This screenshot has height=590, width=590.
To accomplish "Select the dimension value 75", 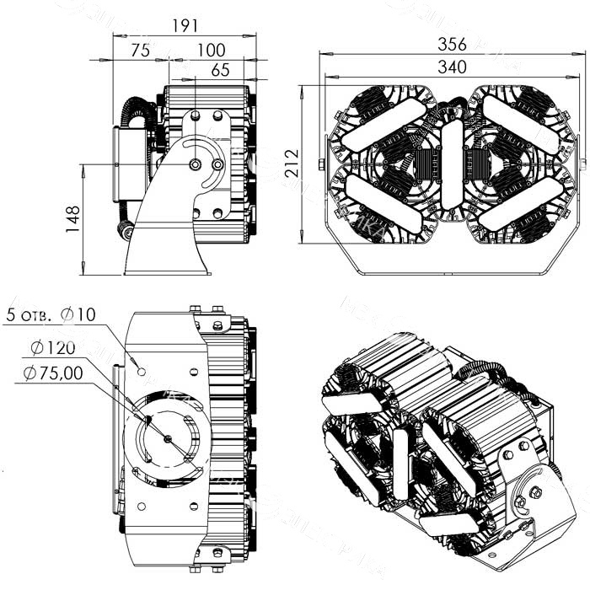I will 141,51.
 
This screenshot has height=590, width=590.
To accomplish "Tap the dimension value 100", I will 211,51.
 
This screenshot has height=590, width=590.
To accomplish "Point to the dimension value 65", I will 221,71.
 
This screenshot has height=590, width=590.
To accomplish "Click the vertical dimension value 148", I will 73,218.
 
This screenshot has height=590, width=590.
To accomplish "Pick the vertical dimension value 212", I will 292,164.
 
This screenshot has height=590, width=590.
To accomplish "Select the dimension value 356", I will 453,44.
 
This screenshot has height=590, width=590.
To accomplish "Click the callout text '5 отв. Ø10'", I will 51,315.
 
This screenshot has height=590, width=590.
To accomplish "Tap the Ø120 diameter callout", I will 52,347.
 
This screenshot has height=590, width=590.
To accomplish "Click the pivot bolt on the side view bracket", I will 195,165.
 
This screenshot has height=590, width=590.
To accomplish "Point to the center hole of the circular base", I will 168,437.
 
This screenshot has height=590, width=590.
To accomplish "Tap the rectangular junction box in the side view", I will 131,165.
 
